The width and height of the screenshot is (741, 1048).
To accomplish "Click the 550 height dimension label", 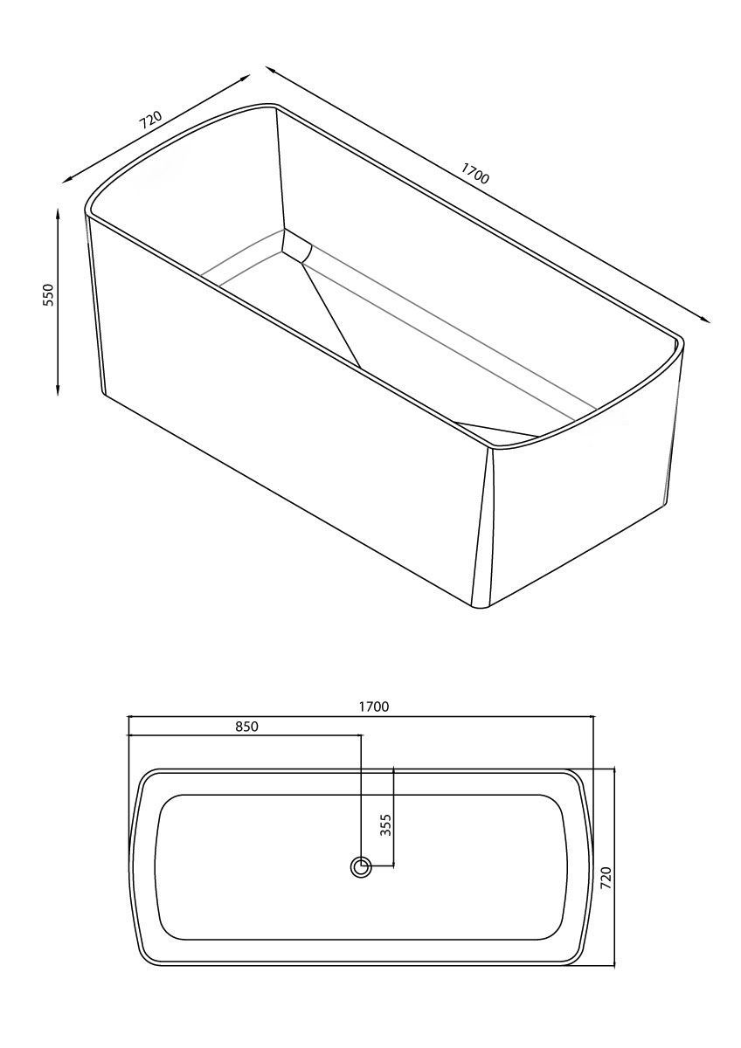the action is [49, 295].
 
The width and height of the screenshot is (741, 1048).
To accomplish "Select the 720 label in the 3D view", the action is [150, 121].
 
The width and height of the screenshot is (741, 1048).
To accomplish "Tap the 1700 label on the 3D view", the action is [474, 173].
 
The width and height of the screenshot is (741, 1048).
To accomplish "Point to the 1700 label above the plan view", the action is [374, 707].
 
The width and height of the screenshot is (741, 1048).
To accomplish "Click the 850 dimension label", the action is [246, 727].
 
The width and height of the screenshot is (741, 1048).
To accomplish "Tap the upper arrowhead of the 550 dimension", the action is [58, 215].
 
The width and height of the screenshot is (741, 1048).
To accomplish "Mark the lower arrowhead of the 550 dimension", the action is [58, 389].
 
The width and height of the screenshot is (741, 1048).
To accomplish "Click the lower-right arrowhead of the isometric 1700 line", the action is [704, 319].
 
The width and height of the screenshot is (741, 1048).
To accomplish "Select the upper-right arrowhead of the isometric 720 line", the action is [246, 77].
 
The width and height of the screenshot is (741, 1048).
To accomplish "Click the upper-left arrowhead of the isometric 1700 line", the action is [272, 70].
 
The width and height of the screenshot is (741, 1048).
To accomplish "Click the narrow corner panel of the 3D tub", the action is [482, 529].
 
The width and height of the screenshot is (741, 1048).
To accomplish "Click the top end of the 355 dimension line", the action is [393, 768].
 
